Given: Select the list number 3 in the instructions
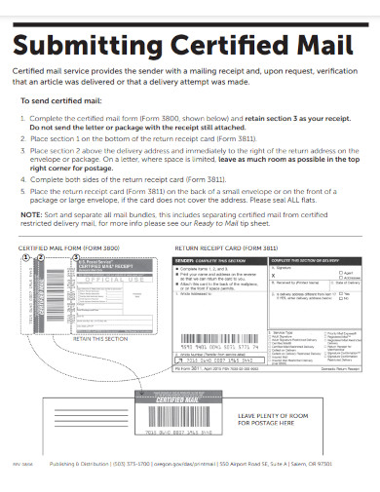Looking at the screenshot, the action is [x=23, y=151].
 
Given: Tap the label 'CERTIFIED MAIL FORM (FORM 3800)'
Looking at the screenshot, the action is [x=63, y=248].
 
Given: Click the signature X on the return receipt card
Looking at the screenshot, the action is [x=270, y=277].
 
